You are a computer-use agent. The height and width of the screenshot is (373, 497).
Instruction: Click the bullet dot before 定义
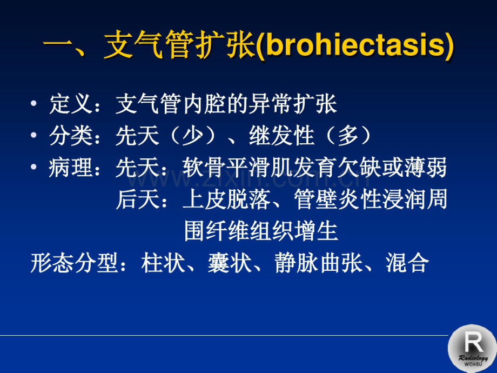pyautogui.click(x=33, y=103)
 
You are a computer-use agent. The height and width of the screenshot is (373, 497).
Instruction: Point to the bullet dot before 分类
pyautogui.click(x=33, y=135)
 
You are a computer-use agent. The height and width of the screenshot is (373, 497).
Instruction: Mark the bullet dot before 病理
pyautogui.click(x=33, y=167)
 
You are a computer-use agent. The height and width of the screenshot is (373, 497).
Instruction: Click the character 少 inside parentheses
pyautogui.click(x=192, y=136)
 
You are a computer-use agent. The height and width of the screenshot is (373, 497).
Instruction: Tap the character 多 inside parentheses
pyautogui.click(x=348, y=136)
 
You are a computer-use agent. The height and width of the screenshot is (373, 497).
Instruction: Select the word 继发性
pyautogui.click(x=282, y=136)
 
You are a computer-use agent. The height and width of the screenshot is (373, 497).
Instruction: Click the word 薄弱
pyautogui.click(x=425, y=168)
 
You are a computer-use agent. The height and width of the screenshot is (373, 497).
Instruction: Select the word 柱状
pyautogui.click(x=163, y=263)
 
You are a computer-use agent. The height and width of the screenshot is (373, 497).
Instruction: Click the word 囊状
pyautogui.click(x=230, y=263)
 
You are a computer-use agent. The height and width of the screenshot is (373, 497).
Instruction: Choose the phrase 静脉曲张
pyautogui.click(x=319, y=263)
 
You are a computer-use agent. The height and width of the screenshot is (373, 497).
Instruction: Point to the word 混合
pyautogui.click(x=407, y=263)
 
